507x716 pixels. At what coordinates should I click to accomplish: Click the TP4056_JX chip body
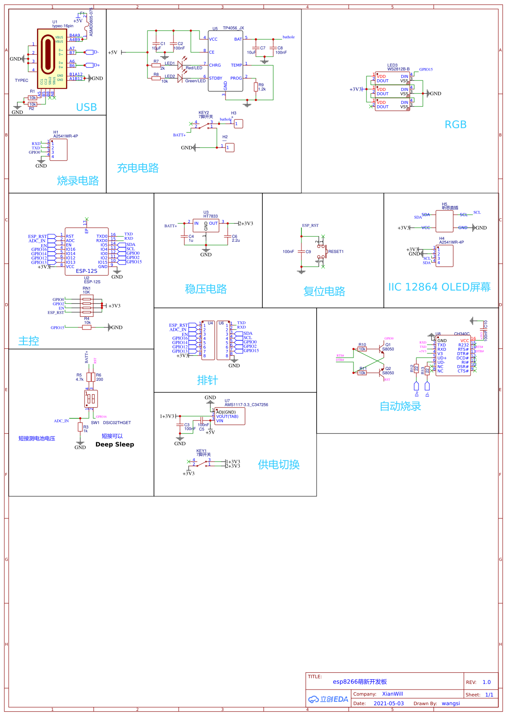coord(226,61)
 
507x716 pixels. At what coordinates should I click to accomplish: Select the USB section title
coord(86,107)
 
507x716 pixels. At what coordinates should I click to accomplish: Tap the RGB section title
coord(455,125)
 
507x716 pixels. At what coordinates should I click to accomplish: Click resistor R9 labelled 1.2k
coord(256,87)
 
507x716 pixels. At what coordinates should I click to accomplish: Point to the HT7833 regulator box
coord(206,226)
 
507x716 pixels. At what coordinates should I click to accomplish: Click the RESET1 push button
coord(322,252)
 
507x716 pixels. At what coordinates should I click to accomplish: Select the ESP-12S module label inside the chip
coord(87,271)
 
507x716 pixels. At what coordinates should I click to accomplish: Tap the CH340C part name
coord(461,334)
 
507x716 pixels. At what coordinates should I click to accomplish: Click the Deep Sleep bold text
coord(114,444)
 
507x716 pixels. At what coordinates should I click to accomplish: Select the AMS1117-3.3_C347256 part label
coord(246,405)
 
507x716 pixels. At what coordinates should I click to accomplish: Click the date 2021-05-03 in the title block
coord(389,703)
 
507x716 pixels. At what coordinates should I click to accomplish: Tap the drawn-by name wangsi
coord(451,703)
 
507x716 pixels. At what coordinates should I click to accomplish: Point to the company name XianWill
coord(393,694)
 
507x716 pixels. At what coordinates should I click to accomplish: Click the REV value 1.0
coord(487,682)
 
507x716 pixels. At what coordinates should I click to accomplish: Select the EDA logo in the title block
coord(328,699)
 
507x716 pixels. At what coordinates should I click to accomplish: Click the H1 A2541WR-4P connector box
coord(59,150)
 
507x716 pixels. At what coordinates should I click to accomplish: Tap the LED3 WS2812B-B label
coord(398,68)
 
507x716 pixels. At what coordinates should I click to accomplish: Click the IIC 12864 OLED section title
coord(439,287)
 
